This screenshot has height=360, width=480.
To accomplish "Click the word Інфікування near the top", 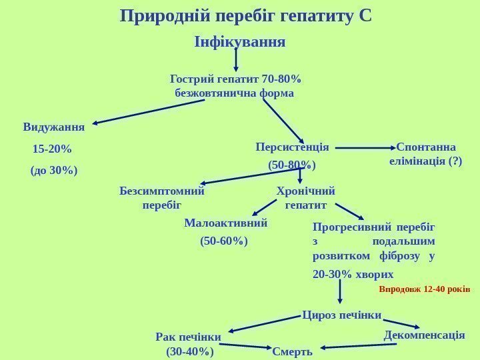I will click(239, 42).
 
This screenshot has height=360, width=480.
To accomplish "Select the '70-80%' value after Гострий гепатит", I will click(283, 81).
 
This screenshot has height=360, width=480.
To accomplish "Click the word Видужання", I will click(53, 127).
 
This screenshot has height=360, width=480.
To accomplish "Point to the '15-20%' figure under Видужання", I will click(52, 148).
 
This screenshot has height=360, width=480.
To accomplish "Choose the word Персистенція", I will click(292, 147).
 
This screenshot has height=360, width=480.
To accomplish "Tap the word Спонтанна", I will click(426, 147).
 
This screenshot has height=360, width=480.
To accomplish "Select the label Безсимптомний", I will click(162, 191).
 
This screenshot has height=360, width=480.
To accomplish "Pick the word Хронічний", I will click(305, 191).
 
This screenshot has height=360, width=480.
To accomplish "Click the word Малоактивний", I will click(225, 223).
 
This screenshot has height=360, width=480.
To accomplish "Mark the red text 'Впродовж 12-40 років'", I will click(425, 290).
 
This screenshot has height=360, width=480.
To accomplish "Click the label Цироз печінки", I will click(342, 314).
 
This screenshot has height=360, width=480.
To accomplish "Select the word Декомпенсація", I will click(425, 335).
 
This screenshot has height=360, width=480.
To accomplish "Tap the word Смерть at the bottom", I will click(292, 351).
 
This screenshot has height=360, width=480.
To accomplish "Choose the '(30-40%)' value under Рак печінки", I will click(190, 351).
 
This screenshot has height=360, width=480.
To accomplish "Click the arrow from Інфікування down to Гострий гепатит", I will click(237, 59).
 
